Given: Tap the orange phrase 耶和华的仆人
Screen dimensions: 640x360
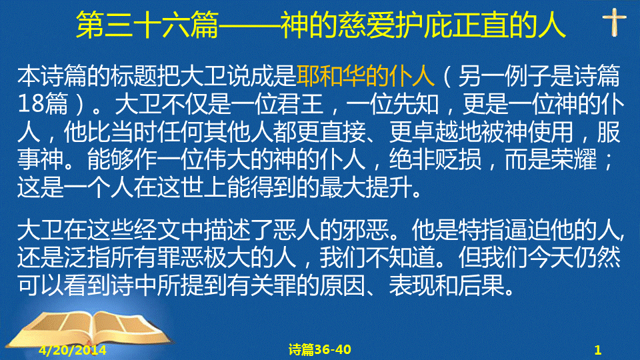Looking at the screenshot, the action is pos(365,76).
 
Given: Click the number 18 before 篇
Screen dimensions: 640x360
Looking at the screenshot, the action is pos(31,104).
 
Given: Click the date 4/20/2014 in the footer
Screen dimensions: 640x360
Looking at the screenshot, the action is pos(73,350).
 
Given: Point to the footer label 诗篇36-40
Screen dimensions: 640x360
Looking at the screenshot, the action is pos(319,349).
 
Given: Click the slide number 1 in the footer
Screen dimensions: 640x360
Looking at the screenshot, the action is pos(597,350).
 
